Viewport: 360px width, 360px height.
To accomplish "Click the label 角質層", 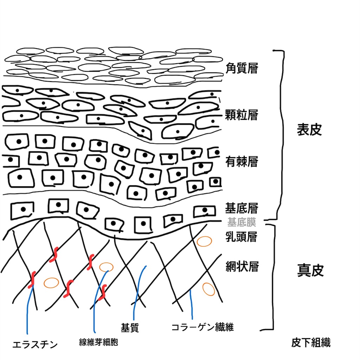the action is (242, 68).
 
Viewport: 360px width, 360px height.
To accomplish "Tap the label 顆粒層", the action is (242, 115).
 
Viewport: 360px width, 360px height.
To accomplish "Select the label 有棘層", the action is (242, 161).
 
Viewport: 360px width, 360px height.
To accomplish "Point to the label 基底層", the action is (242, 208).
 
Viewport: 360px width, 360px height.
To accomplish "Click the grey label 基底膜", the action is (242, 222).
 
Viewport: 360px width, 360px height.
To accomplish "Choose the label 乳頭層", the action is (241, 237).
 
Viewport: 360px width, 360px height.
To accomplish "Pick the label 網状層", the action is (242, 266).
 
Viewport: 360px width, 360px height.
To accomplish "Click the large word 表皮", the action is (309, 130).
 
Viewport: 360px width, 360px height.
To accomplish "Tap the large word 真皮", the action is (310, 270).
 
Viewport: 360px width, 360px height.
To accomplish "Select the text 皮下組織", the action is (311, 343).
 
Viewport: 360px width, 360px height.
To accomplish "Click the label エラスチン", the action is (35, 345).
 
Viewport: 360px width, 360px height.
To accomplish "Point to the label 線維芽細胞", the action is (98, 342).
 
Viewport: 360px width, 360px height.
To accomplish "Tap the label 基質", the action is (130, 328).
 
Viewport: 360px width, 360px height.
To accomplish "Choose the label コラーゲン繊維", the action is (202, 327).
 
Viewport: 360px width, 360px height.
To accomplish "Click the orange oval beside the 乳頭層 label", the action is (204, 241).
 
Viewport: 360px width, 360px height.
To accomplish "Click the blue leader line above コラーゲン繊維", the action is (191, 304).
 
